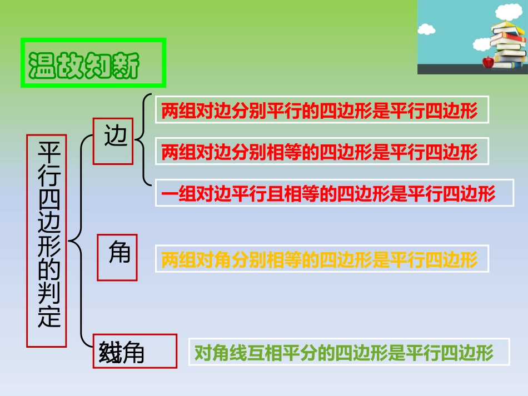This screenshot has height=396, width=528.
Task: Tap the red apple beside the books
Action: click(x=488, y=62)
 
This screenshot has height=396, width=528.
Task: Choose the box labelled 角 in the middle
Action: click(x=117, y=257)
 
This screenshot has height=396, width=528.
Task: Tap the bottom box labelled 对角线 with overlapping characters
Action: click(x=135, y=351)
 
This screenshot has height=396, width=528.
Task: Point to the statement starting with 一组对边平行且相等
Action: click(x=341, y=193)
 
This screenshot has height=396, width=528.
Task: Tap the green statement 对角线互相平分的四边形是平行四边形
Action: click(x=348, y=352)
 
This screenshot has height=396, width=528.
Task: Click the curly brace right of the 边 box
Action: click(x=145, y=139)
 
